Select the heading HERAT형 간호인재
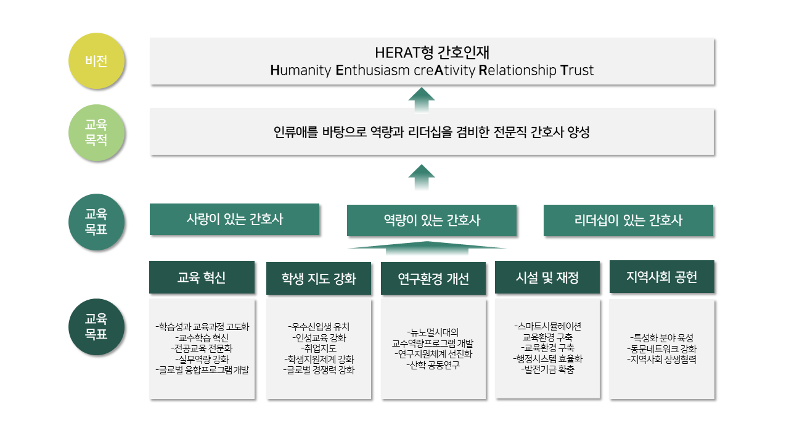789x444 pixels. (x=431, y=52)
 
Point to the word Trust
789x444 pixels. (x=577, y=70)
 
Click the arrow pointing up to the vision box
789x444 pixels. (x=422, y=99)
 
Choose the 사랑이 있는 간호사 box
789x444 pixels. (x=234, y=219)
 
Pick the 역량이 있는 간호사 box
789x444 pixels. (x=431, y=220)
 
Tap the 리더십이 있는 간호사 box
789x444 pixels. (x=628, y=220)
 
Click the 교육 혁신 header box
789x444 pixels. (x=202, y=277)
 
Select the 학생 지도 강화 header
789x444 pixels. (x=319, y=279)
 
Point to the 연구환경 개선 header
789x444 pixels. (x=433, y=279)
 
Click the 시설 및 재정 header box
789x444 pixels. (x=547, y=277)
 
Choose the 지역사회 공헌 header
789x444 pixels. (x=661, y=277)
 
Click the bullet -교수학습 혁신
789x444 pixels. (x=202, y=337)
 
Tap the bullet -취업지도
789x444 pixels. (x=319, y=348)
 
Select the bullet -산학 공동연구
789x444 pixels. (x=433, y=364)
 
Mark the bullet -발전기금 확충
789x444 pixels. (x=547, y=369)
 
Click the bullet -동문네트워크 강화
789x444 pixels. (x=661, y=348)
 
